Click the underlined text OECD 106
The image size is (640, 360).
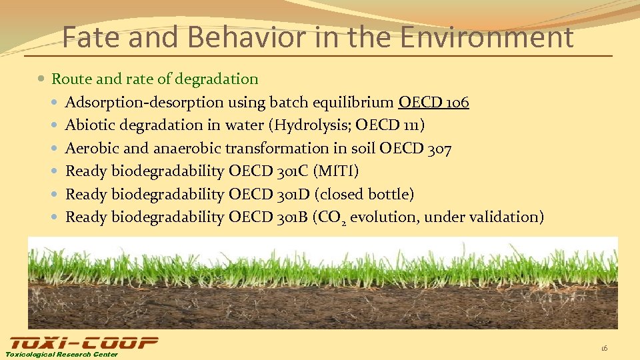pos(433,102)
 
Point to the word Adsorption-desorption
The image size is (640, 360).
pos(145,102)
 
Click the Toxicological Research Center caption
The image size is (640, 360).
pos(62,354)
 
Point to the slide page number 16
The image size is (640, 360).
pos(604,348)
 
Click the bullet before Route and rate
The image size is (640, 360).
pos(42,79)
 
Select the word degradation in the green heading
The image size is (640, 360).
pos(217,79)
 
